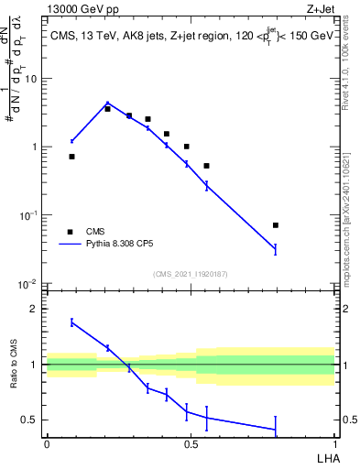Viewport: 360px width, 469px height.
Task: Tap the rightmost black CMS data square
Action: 276,224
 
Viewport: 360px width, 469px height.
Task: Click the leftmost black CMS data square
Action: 71,157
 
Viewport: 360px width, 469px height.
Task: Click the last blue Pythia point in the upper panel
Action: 276,248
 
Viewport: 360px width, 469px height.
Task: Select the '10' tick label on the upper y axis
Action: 30,79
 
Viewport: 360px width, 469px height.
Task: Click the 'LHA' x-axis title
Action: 324,457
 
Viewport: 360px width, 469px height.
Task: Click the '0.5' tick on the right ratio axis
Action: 348,420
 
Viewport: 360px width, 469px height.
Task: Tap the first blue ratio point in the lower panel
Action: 71,322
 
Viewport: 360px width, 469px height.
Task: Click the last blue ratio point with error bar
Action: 276,429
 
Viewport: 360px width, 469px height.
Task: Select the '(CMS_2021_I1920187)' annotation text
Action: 191,274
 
